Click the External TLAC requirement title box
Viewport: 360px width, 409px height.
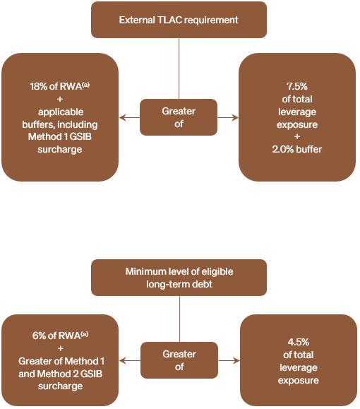point(179,20)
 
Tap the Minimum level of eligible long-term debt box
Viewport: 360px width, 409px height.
point(179,278)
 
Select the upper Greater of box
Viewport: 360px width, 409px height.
point(179,117)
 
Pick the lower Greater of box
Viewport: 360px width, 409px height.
point(179,360)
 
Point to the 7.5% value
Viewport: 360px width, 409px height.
point(297,86)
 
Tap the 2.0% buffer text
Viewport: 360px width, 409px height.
point(297,149)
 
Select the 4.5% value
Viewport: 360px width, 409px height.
point(298,342)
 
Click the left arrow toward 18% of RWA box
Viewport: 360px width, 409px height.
point(130,118)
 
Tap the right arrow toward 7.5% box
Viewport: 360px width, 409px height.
point(228,118)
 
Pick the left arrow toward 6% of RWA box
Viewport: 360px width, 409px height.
point(130,361)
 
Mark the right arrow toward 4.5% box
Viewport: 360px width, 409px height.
point(229,361)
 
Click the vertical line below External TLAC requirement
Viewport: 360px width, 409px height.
point(179,69)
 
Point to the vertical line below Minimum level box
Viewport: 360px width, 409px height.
point(179,319)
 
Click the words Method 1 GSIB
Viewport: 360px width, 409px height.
point(60,136)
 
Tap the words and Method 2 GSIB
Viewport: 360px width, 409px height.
point(60,374)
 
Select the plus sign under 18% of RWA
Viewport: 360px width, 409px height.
point(60,99)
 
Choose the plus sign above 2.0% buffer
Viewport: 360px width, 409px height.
point(297,136)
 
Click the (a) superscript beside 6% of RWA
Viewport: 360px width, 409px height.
point(85,334)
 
